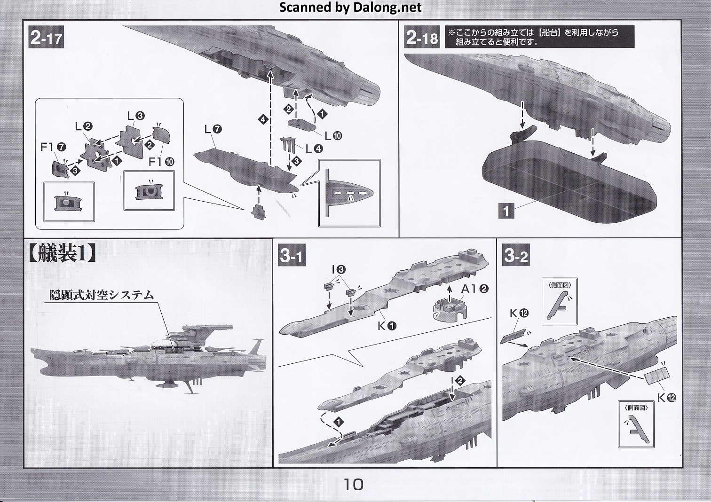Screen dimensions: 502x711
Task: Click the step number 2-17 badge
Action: coord(46,38)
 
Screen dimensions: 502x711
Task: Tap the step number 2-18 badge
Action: coord(421,38)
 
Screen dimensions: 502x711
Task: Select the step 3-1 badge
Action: coord(292,256)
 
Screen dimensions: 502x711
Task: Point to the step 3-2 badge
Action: coord(516,256)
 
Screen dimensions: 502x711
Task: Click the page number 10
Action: coord(353,484)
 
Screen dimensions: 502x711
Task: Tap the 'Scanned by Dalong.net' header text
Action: coord(350,8)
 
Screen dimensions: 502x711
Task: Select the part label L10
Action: coord(333,136)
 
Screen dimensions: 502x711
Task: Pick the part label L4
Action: coord(314,149)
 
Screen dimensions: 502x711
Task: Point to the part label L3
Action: coord(135,116)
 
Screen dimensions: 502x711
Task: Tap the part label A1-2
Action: coord(474,289)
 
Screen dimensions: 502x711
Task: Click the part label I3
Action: coord(339,269)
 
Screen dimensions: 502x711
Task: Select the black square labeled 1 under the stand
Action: coord(506,211)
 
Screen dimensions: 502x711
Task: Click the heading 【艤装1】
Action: coord(63,254)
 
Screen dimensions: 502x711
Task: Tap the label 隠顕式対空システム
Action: coord(102,295)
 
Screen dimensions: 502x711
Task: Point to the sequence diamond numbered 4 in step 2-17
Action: coord(263,120)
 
